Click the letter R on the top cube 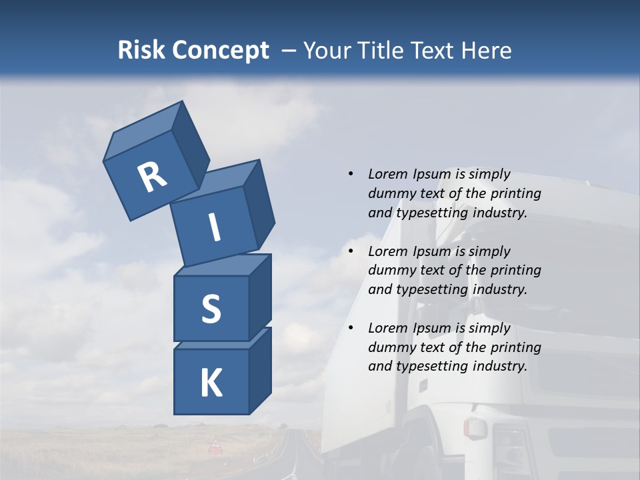coord(152,177)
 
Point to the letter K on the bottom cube coord(211,383)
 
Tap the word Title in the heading coord(383,50)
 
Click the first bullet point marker coord(350,174)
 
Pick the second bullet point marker coord(350,251)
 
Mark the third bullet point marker coord(350,328)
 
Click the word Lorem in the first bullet coord(387,174)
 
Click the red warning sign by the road coord(215,444)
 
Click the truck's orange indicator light coord(471,427)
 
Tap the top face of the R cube coord(143,130)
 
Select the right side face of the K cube coord(260,370)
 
